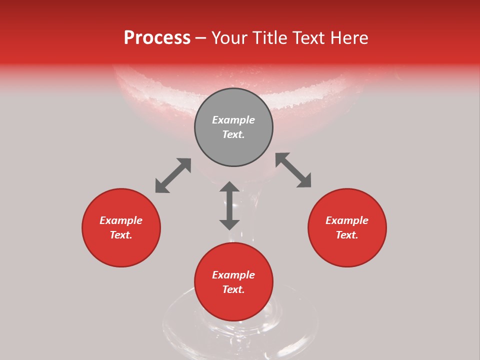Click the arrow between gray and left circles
(x=173, y=175)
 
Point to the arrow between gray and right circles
(x=293, y=170)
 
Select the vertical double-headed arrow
(x=229, y=205)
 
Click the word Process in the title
(x=157, y=37)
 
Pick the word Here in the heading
(x=349, y=37)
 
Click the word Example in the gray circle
(x=233, y=120)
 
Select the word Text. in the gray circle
(x=233, y=134)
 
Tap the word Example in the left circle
(x=121, y=220)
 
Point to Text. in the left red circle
(x=121, y=235)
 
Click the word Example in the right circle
(x=347, y=220)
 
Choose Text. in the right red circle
(x=347, y=235)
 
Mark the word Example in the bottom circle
(x=233, y=275)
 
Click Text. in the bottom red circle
(x=233, y=289)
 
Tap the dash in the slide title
(x=201, y=38)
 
